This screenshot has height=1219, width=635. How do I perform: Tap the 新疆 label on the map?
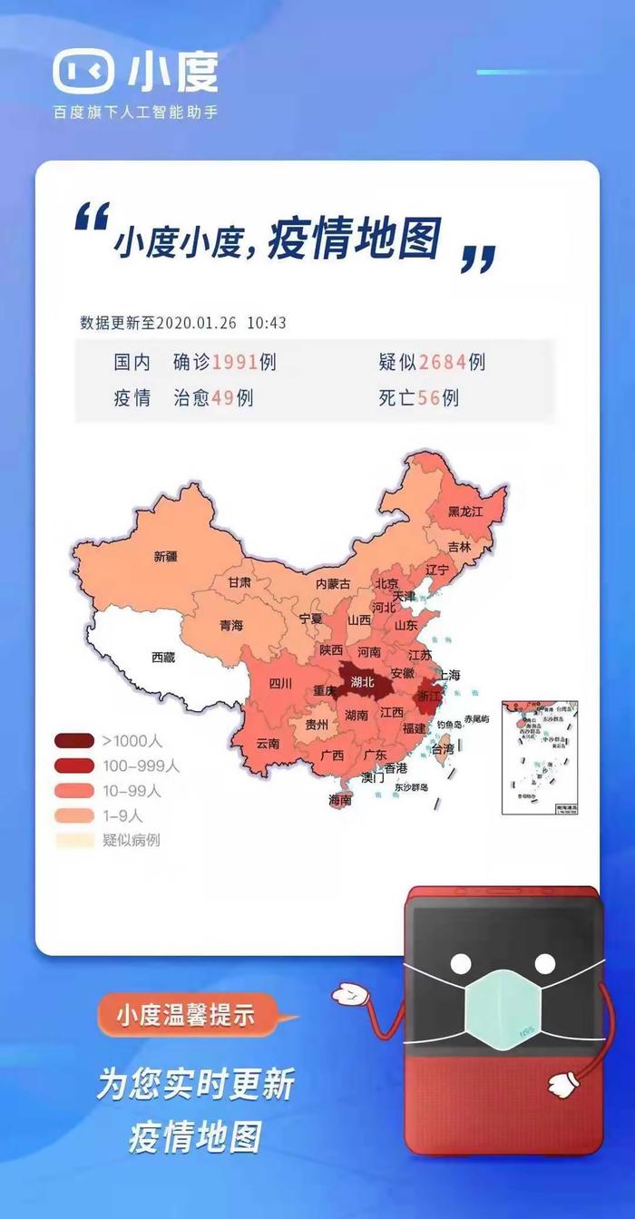tap(166, 556)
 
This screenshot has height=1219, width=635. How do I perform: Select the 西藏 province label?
tap(163, 658)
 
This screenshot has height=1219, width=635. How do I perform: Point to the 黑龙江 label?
tap(465, 512)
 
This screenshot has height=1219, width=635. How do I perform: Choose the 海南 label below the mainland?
tap(340, 801)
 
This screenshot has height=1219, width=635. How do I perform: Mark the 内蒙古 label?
tap(332, 586)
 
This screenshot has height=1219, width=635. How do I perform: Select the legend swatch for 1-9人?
tap(74, 815)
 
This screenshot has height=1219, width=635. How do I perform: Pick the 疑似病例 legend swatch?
tap(74, 840)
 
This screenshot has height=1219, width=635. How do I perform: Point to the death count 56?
tap(429, 397)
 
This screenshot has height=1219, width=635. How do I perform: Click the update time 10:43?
tap(267, 323)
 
